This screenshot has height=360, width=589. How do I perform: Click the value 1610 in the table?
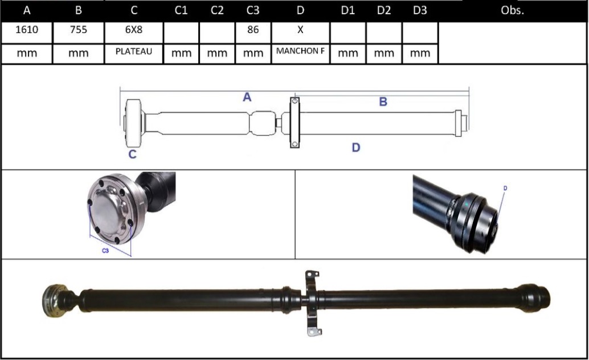pos(27,30)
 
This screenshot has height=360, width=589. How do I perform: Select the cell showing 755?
pos(79,30)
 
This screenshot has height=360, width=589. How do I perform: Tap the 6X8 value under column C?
pos(134,30)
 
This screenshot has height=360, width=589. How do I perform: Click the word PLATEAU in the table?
pos(134,51)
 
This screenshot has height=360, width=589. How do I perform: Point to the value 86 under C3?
pos(253,30)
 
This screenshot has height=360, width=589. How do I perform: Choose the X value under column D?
pos(300,30)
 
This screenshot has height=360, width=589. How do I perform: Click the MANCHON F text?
pos(300,51)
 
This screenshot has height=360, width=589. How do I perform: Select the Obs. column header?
pos(512,10)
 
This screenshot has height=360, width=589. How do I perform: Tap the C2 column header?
pos(217,10)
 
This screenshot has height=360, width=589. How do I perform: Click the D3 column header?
pos(420,10)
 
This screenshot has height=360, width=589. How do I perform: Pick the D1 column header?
pos(347,10)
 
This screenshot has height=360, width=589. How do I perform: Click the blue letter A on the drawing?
pos(247,97)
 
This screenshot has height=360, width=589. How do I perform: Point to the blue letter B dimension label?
pos(383,101)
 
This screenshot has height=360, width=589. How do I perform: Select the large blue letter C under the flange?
pos(132,154)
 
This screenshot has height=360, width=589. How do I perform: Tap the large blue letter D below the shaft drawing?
pos(355,148)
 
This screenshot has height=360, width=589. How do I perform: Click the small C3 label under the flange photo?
pos(105,250)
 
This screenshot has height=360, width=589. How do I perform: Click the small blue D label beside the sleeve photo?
pos(505,188)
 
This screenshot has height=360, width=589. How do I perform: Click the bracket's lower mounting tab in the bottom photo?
pos(315,332)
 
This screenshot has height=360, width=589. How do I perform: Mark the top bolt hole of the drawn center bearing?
pos(295,101)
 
